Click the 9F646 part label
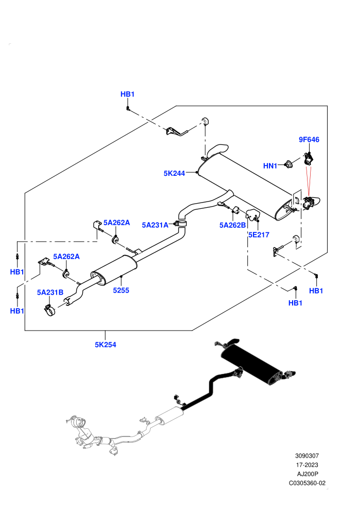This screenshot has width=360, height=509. click(309, 139)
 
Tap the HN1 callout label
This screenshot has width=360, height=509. click(270, 166)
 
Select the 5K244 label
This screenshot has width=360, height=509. click(174, 173)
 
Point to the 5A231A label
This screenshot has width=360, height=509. click(155, 225)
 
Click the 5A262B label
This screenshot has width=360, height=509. click(232, 225)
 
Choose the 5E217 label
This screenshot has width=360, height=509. click(259, 234)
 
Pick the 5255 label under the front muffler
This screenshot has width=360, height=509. click(121, 290)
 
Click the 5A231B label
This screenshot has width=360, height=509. click(50, 293)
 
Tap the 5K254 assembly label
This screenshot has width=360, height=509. click(105, 345)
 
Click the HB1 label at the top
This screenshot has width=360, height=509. click(127, 94)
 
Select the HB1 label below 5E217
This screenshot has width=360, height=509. click(295, 303)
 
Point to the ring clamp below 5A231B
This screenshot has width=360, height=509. click(50, 311)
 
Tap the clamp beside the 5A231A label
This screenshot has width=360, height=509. click(181, 224)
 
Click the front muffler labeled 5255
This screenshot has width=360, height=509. click(114, 270)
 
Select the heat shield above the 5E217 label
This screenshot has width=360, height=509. click(253, 215)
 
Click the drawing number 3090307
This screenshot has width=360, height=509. click(307, 456)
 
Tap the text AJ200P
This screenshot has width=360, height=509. click(307, 474)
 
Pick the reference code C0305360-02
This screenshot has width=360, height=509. click(307, 483)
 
